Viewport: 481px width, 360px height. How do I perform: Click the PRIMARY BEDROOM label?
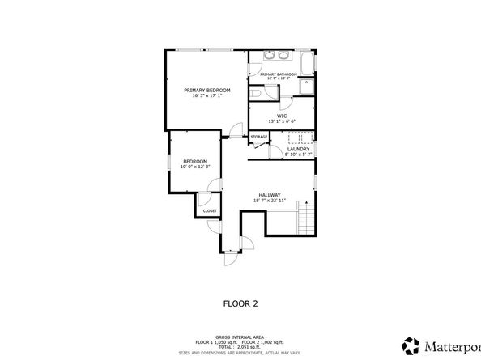[207, 90]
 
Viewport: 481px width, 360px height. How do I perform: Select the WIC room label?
[282, 116]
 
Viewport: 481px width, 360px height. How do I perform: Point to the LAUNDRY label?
[298, 149]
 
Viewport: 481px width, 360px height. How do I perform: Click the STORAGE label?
[258, 137]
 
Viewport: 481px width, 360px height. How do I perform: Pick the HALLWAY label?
[270, 194]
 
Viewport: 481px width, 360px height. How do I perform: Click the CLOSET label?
[210, 210]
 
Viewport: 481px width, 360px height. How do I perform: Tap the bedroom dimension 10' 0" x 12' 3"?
[194, 167]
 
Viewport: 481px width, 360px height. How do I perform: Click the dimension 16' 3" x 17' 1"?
[207, 96]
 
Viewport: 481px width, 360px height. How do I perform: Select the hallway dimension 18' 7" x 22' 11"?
[270, 201]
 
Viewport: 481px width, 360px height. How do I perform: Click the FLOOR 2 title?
[240, 303]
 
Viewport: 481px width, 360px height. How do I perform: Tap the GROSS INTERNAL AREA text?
[240, 335]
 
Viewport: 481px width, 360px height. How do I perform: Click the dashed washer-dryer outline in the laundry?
[297, 138]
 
